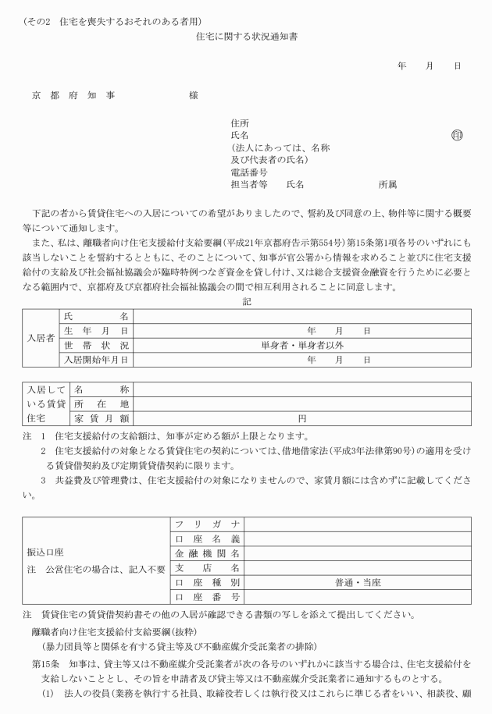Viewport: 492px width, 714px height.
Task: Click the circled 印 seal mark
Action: pyautogui.click(x=457, y=135)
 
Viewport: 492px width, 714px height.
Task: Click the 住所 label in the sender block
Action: pyautogui.click(x=240, y=123)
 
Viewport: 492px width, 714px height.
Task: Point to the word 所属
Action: pyautogui.click(x=388, y=184)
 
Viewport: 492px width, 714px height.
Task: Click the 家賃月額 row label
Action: pyautogui.click(x=102, y=418)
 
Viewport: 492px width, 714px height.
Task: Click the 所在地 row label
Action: pyautogui.click(x=102, y=403)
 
